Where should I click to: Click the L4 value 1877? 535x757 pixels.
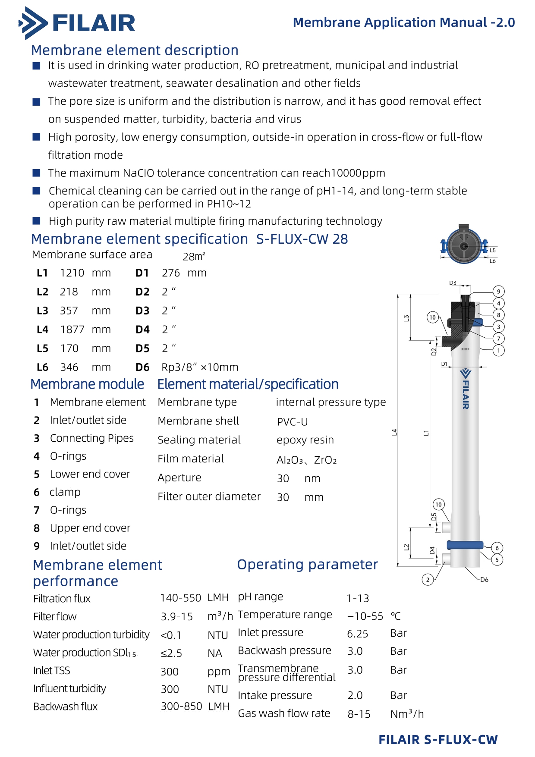pyautogui.click(x=72, y=330)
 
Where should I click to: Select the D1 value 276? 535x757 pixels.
pyautogui.click(x=171, y=273)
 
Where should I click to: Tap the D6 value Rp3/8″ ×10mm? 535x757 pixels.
pyautogui.click(x=200, y=368)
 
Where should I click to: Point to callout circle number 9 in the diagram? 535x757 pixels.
pyautogui.click(x=498, y=292)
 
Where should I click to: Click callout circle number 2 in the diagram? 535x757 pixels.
pyautogui.click(x=428, y=579)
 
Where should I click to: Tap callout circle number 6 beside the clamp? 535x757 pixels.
pyautogui.click(x=497, y=548)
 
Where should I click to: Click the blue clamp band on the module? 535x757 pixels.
pyautogui.click(x=465, y=545)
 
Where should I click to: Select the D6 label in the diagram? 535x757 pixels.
pyautogui.click(x=485, y=580)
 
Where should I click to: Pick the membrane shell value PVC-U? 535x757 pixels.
pyautogui.click(x=293, y=422)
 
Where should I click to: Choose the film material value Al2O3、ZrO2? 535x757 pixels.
pyautogui.click(x=306, y=460)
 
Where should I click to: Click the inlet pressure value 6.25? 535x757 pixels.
pyautogui.click(x=358, y=634)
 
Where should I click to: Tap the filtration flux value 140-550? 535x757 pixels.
pyautogui.click(x=180, y=598)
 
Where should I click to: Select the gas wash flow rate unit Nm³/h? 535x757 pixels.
pyautogui.click(x=407, y=714)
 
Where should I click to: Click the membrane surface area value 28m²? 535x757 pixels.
pyautogui.click(x=194, y=257)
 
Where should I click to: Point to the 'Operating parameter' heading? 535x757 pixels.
pyautogui.click(x=307, y=565)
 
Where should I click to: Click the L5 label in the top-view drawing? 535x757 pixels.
pyautogui.click(x=493, y=250)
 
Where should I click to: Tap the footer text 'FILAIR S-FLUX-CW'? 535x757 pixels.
pyautogui.click(x=438, y=740)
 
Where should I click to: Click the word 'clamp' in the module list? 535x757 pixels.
pyautogui.click(x=65, y=492)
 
